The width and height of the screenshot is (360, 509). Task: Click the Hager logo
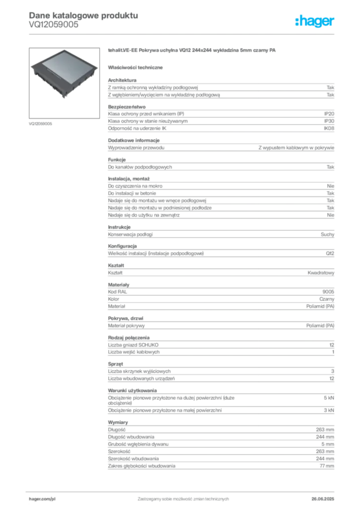coord(314,21)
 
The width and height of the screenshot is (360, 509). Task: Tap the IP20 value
coord(329,114)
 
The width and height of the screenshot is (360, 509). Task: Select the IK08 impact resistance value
coord(329,128)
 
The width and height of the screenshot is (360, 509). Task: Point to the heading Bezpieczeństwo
coord(127,107)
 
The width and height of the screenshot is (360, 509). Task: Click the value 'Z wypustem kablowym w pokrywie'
coord(296,148)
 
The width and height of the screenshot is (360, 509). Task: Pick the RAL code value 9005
coord(328,292)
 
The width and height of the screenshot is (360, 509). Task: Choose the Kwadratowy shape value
coord(321,273)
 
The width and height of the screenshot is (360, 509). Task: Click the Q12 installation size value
coord(330,254)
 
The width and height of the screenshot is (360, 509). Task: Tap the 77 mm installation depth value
coord(327,466)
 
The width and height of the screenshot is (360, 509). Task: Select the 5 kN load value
coord(329,398)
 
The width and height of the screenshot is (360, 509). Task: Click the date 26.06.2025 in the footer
coord(323,499)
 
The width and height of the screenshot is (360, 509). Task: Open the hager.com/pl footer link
coord(42,499)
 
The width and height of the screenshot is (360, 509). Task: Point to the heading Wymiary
coord(118,423)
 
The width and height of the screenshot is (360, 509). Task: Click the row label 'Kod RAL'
coord(117,292)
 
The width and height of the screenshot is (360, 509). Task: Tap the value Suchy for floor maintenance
coord(327,235)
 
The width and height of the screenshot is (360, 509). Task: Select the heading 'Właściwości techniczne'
coord(135,68)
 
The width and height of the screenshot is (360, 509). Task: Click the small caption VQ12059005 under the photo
coord(41,124)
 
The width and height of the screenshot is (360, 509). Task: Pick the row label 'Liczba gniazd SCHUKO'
coord(133,345)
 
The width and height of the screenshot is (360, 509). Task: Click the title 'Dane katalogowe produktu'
coord(84,15)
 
